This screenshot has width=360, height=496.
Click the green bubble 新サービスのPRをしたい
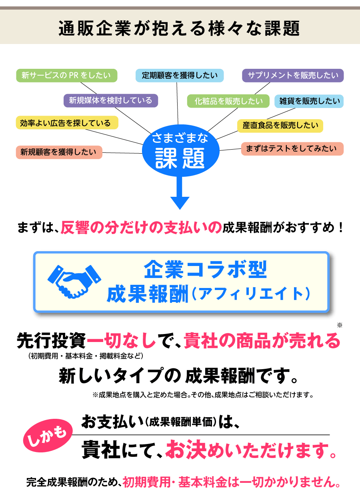point(66,76)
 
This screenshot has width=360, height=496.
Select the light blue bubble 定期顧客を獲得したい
point(180,76)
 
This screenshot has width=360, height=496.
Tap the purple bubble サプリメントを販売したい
point(293,75)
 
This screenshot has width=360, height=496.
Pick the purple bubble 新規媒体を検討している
point(110,100)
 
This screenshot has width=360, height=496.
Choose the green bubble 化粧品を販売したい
point(229,101)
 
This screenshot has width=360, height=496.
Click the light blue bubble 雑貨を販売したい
point(309,101)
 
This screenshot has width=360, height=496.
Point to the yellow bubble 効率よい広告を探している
point(67,123)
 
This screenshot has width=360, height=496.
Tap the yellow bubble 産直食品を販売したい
point(280,126)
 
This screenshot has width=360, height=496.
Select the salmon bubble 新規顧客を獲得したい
point(59,152)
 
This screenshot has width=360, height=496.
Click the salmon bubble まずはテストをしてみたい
point(292,149)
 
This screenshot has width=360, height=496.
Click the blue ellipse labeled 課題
point(181,152)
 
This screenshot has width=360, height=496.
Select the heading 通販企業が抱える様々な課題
point(180,29)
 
